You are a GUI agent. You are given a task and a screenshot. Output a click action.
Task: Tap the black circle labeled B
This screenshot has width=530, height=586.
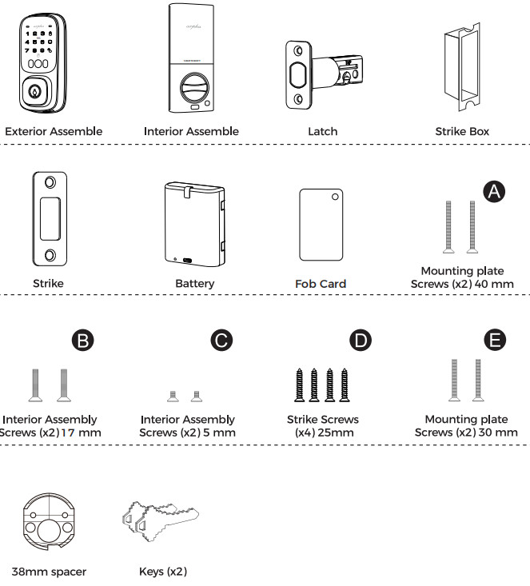(83, 340)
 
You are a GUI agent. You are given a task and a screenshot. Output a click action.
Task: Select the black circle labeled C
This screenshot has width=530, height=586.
(221, 340)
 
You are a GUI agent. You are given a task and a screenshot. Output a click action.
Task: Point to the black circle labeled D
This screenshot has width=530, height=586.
(362, 340)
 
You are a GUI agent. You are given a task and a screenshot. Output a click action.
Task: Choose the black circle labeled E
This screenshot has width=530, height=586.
(496, 340)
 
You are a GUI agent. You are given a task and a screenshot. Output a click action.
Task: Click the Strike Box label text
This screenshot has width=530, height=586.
(462, 131)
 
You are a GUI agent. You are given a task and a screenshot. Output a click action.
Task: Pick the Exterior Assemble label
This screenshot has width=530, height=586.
(54, 131)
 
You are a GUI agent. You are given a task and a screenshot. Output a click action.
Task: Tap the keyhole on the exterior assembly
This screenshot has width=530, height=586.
(34, 92)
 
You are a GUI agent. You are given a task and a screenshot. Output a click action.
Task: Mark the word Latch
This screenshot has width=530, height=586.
(322, 131)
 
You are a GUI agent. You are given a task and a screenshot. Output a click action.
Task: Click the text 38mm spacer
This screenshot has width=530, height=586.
(49, 572)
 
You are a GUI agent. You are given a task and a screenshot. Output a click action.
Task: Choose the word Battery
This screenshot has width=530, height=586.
(194, 283)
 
